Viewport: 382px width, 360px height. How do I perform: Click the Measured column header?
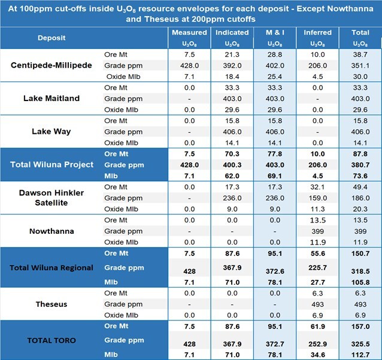point(189,36)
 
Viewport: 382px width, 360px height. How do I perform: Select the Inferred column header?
point(317,36)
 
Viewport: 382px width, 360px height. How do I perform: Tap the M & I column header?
point(275,36)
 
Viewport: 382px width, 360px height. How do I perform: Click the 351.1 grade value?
point(360,65)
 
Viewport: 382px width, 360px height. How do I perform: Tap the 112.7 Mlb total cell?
point(360,353)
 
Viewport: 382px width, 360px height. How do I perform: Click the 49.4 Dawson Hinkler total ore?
point(360,188)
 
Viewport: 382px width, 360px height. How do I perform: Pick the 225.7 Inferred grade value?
point(317,267)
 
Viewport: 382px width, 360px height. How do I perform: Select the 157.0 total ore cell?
point(360,326)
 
